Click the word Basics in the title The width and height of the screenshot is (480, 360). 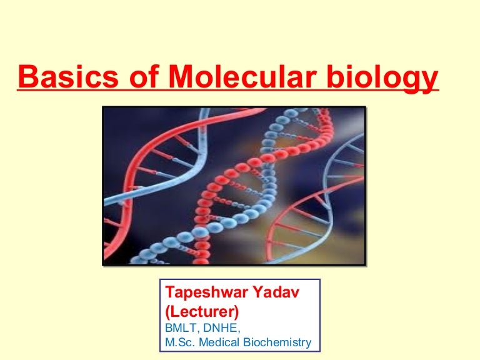click(x=68, y=76)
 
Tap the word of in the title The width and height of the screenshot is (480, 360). click(x=144, y=76)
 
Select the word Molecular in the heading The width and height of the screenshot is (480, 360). click(x=242, y=76)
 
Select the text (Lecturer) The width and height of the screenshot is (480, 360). click(x=202, y=312)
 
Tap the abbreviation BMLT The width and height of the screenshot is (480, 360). click(x=181, y=328)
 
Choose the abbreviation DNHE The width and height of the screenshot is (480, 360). click(x=220, y=328)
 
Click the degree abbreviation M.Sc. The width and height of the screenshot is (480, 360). click(x=180, y=342)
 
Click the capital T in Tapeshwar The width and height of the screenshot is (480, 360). click(x=171, y=292)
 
